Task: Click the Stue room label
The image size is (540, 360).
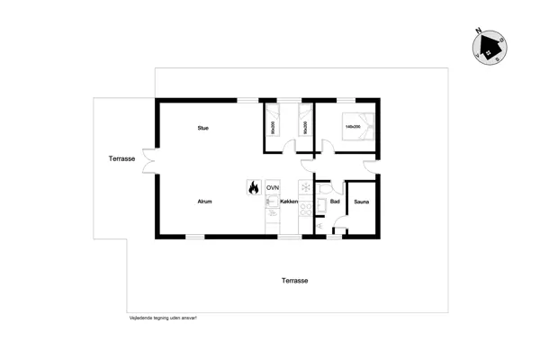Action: tap(203, 129)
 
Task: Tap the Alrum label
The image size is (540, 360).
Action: tap(204, 202)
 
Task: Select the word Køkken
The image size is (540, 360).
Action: tap(289, 202)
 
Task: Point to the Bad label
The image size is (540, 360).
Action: tap(335, 202)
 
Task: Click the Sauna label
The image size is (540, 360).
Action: tap(361, 202)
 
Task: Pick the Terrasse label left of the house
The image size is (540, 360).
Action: tap(121, 159)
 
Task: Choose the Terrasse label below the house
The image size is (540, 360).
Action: tap(294, 281)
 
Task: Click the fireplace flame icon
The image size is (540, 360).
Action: tap(253, 188)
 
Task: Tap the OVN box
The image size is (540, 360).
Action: tap(272, 188)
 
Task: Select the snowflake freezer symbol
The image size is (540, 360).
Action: tap(304, 188)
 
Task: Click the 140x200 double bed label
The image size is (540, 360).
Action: tap(352, 127)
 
